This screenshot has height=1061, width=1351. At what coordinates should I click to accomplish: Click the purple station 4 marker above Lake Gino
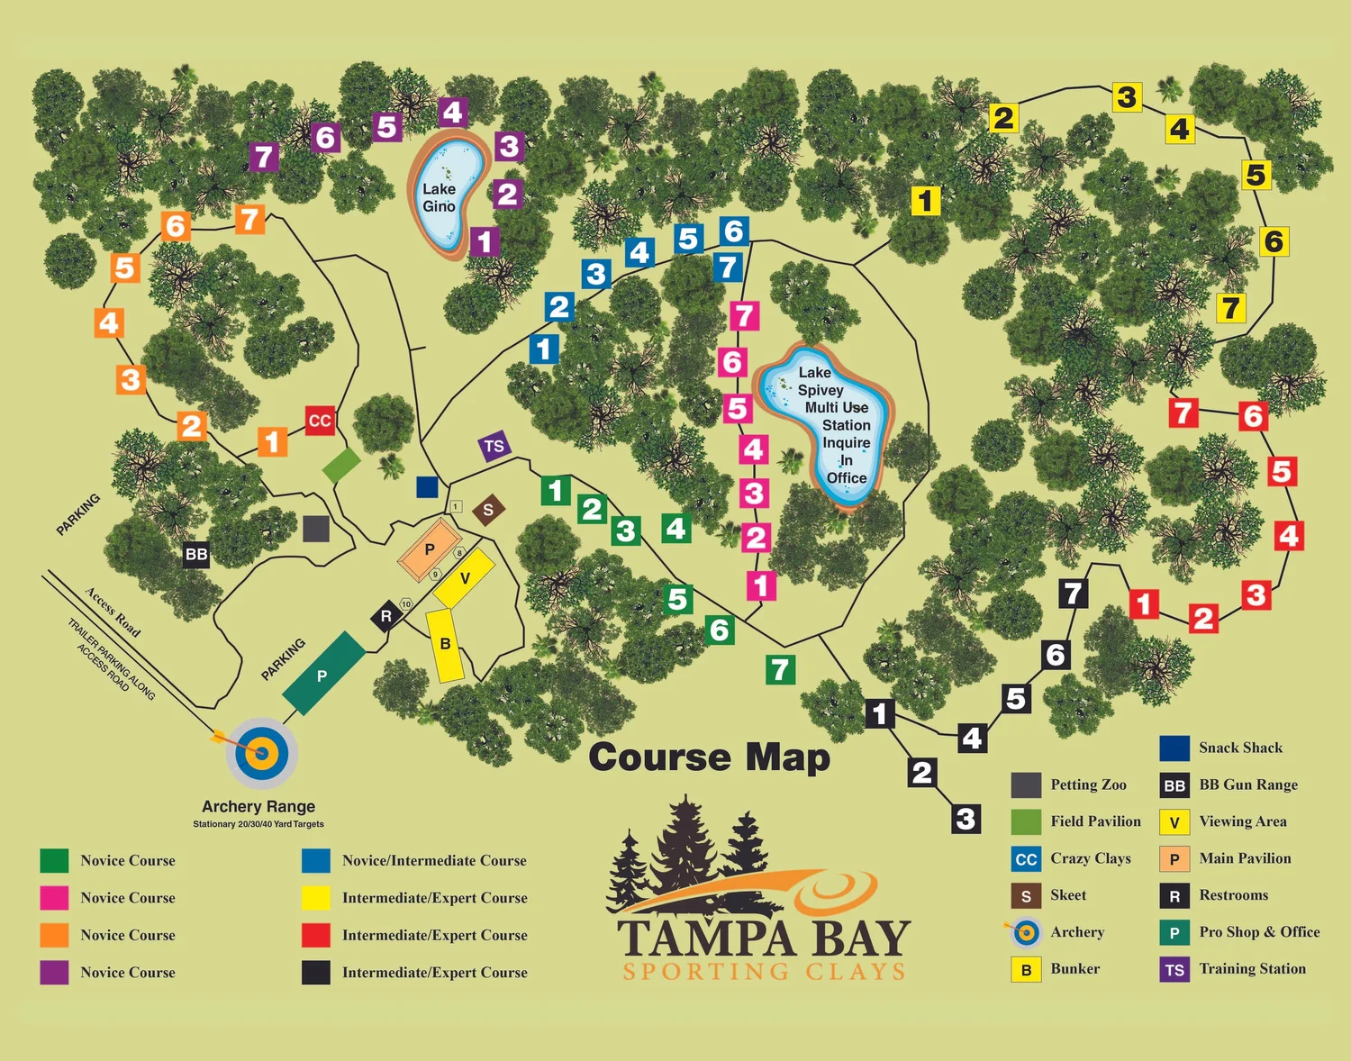tap(453, 113)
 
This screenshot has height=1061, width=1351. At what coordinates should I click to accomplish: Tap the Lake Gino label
tap(439, 197)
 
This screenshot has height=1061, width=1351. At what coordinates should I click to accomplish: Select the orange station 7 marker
tap(249, 219)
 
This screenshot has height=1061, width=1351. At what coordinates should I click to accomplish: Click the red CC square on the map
tap(320, 421)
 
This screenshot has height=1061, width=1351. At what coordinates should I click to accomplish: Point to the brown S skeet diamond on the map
tap(488, 510)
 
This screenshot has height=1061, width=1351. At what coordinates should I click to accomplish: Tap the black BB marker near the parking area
tap(196, 554)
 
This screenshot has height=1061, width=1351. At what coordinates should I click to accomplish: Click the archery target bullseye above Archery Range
tap(262, 751)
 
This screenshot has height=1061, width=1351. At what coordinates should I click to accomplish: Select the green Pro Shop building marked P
tap(323, 674)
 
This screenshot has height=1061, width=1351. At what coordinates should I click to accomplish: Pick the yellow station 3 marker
tap(1127, 96)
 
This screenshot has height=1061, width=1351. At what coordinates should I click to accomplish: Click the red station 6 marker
tap(1253, 415)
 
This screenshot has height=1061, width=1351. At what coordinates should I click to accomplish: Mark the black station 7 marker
tap(1073, 594)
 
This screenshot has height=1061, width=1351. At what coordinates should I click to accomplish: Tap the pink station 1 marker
tap(761, 585)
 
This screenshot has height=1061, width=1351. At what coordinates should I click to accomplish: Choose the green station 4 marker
tap(676, 528)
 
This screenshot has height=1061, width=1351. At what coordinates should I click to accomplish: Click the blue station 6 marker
tap(734, 231)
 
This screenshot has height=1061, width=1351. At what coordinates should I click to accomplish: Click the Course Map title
tap(709, 757)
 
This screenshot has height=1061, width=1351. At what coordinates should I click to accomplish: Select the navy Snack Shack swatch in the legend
tap(1174, 748)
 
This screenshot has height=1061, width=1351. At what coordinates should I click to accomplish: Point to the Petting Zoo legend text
tap(1088, 784)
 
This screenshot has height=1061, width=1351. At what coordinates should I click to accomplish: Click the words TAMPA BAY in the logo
tap(764, 939)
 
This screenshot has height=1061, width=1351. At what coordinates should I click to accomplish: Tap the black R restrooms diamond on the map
tap(386, 616)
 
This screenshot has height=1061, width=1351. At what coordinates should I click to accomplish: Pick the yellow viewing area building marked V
tap(464, 578)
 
